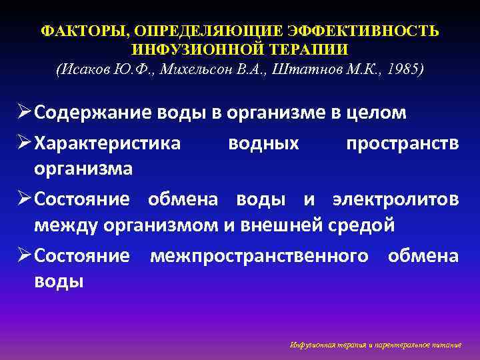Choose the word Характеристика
pos(107,143)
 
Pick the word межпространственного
pos(259,256)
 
